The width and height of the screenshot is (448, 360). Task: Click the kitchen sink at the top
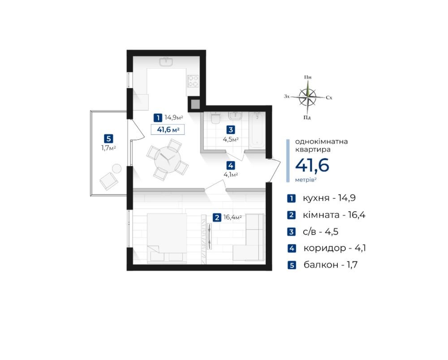tap(166, 62)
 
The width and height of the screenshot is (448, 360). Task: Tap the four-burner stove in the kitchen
tap(193, 81)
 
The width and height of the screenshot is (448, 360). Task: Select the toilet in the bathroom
tap(215, 118)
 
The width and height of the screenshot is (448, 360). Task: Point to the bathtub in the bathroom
tap(257, 130)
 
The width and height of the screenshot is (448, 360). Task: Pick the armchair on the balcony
tap(108, 181)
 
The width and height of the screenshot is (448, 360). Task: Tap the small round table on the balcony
tap(116, 169)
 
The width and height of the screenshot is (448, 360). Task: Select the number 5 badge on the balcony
tap(108, 139)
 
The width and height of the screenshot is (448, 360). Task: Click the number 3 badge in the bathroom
tap(231, 129)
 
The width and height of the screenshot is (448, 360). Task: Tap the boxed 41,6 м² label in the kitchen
tap(168, 129)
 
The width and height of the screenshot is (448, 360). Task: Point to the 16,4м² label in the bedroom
tap(232, 217)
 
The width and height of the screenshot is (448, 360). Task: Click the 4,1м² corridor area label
tap(231, 175)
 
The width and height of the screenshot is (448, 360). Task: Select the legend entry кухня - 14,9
tap(329, 198)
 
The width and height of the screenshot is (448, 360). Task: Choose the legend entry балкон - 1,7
tap(330, 265)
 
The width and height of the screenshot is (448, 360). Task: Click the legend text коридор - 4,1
tap(335, 248)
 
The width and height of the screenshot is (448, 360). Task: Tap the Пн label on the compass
tap(308, 77)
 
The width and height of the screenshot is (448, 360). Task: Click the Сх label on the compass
tap(329, 98)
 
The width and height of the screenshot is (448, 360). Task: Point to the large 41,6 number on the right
tap(312, 165)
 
